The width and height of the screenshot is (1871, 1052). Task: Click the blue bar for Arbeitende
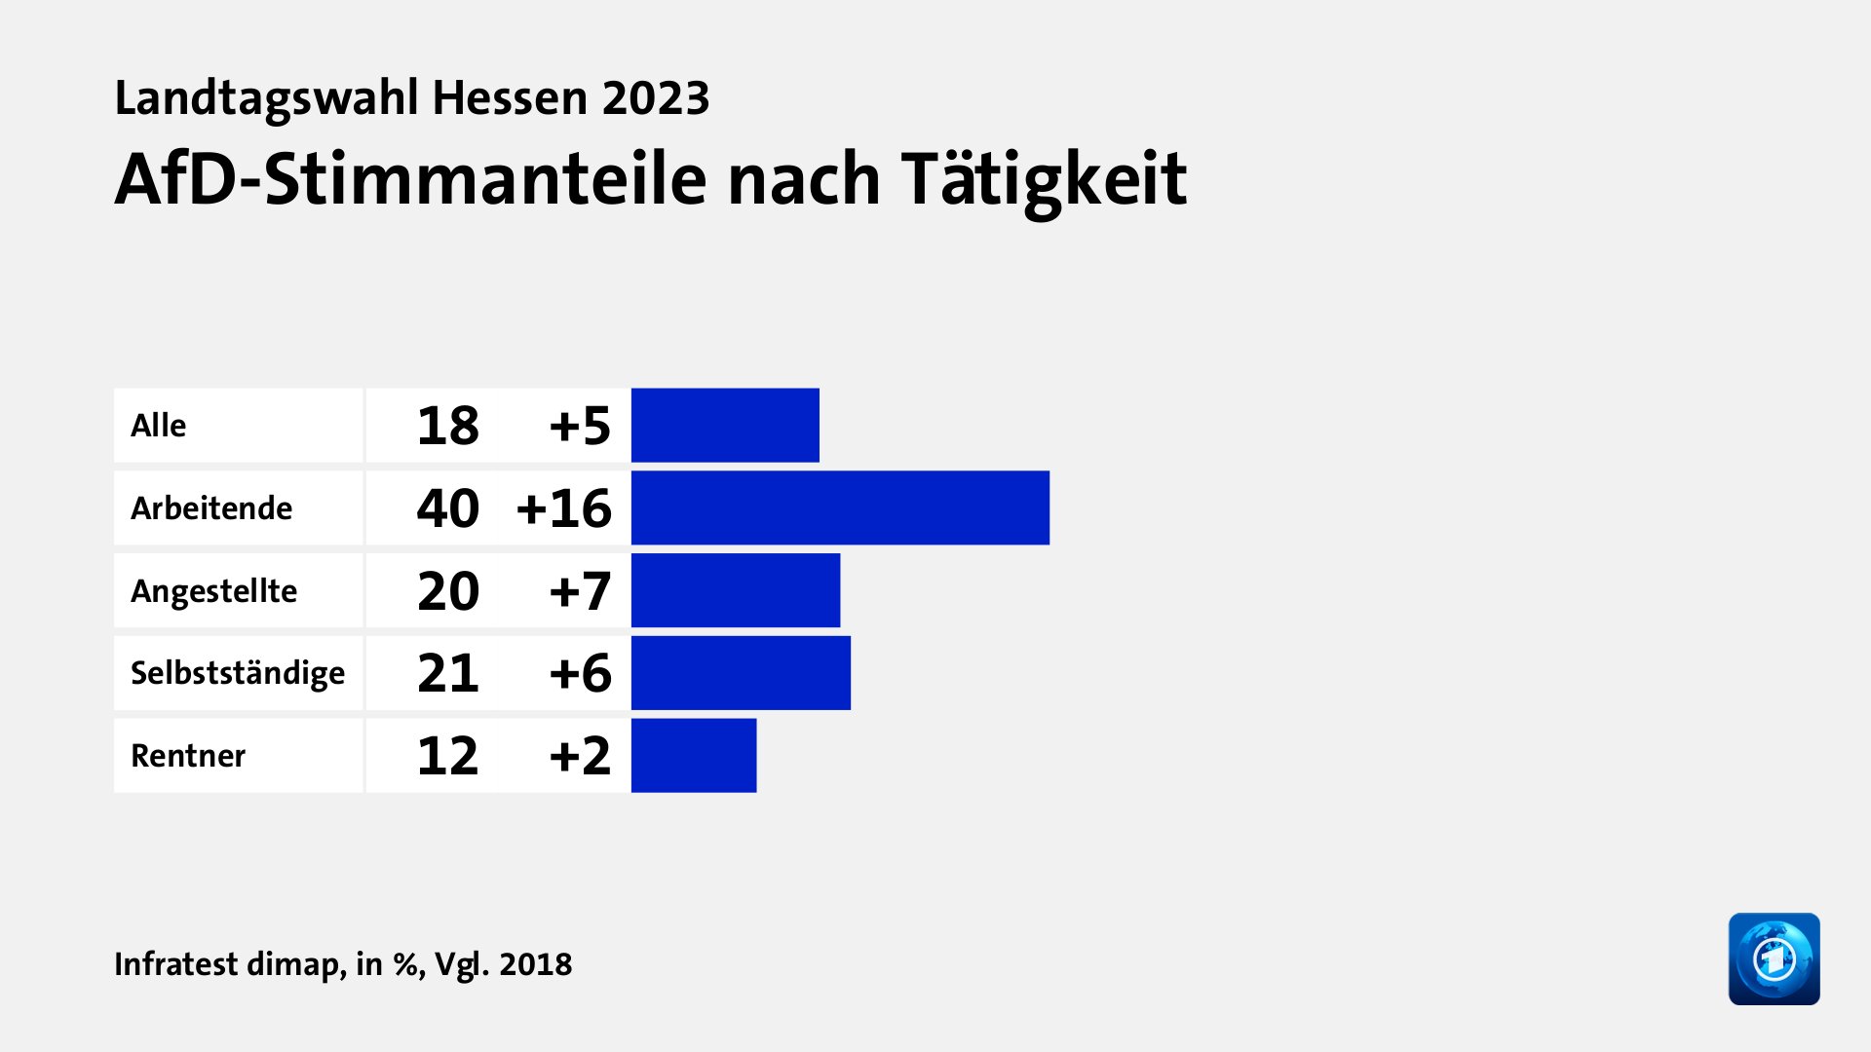(840, 507)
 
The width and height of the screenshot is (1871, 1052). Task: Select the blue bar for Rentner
(694, 756)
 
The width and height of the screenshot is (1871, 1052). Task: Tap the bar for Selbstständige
(741, 673)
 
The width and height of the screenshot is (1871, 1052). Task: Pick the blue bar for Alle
(725, 425)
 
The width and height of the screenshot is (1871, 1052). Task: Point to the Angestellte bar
(736, 590)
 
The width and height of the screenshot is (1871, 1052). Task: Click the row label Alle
(159, 426)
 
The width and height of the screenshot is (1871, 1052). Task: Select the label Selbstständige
(238, 673)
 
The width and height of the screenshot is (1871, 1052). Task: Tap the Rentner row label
(188, 756)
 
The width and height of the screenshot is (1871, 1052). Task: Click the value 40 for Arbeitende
(448, 508)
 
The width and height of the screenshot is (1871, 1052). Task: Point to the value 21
(448, 673)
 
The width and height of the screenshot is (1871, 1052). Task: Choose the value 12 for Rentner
(448, 756)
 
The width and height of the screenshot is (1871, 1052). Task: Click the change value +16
(564, 508)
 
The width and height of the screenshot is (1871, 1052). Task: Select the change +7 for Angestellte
(580, 591)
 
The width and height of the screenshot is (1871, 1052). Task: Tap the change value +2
(580, 756)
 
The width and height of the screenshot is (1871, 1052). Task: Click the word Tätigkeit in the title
(1044, 180)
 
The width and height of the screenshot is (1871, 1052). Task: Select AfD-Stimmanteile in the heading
(410, 180)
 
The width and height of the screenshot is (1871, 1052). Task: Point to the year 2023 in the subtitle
(656, 98)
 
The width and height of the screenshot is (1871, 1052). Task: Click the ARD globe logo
(1774, 958)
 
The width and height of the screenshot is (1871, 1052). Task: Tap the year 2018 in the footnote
(535, 964)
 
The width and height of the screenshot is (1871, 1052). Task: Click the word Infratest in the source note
(176, 964)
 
